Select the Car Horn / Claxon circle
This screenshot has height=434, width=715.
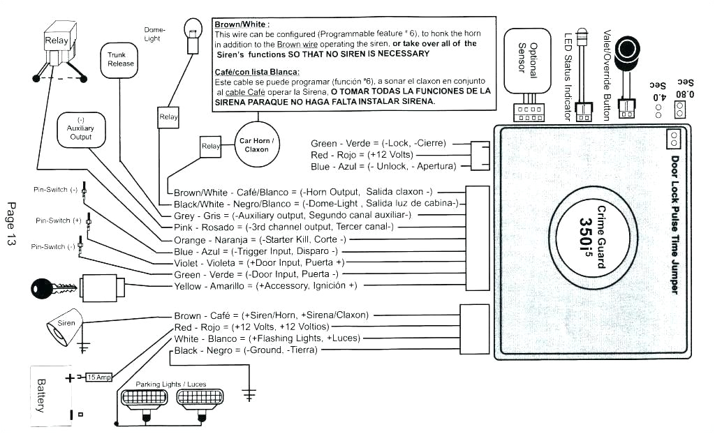click(x=256, y=144)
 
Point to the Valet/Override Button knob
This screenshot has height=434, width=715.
click(x=629, y=50)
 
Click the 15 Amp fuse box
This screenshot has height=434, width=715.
click(x=98, y=377)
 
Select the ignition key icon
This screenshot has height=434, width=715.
click(x=53, y=287)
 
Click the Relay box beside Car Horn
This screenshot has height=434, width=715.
click(x=209, y=147)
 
